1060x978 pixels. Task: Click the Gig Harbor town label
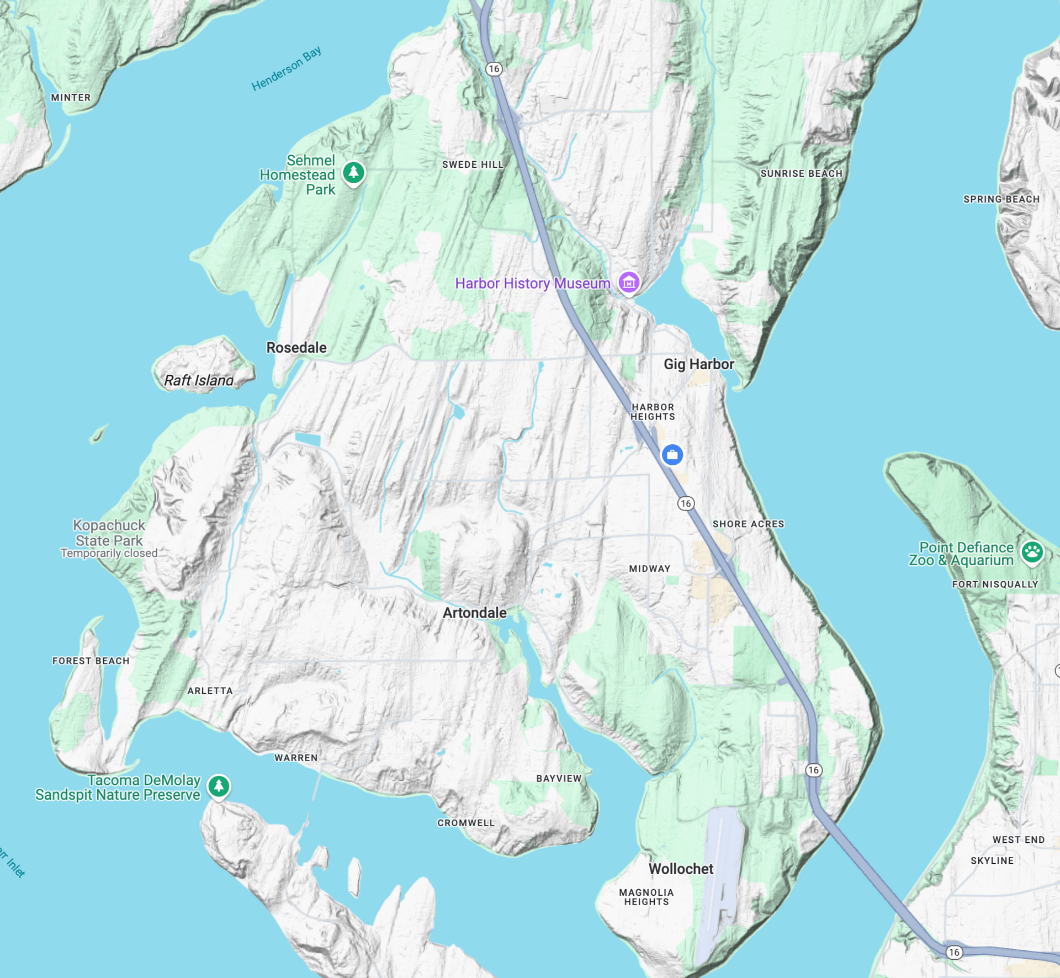(698, 364)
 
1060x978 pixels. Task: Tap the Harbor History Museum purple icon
(629, 283)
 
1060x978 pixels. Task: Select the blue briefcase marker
(672, 455)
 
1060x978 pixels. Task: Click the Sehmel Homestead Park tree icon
(353, 173)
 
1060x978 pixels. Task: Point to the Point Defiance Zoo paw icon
(1032, 551)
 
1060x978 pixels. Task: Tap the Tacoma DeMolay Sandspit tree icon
(219, 785)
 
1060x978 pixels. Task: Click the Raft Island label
(199, 380)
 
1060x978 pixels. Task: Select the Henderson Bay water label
(286, 69)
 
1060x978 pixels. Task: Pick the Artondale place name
(474, 613)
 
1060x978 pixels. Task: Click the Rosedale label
(296, 348)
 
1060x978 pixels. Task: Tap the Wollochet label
(681, 869)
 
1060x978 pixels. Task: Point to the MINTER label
(71, 98)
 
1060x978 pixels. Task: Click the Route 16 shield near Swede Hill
(494, 69)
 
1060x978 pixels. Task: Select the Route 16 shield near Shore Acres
(686, 503)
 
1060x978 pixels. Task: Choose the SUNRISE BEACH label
(801, 173)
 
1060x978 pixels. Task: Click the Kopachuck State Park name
(109, 533)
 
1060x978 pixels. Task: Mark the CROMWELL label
(466, 823)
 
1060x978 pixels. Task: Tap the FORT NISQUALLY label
(995, 584)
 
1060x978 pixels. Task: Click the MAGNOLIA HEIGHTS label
(646, 897)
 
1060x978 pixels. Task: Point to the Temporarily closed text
(109, 553)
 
